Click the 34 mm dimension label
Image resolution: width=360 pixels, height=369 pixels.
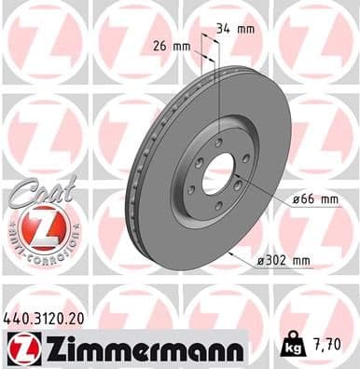click(x=232, y=29)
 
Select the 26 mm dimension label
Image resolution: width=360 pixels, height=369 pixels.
click(x=173, y=46)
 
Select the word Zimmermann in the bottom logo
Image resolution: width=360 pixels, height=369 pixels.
click(x=140, y=349)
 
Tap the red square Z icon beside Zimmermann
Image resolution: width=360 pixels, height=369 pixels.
click(x=20, y=348)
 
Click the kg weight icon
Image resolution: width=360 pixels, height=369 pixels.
click(x=296, y=349)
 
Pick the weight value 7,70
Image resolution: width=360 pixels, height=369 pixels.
click(x=332, y=349)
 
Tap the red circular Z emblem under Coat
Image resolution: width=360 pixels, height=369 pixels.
click(x=39, y=229)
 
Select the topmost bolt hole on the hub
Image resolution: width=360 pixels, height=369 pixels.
click(x=218, y=142)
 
